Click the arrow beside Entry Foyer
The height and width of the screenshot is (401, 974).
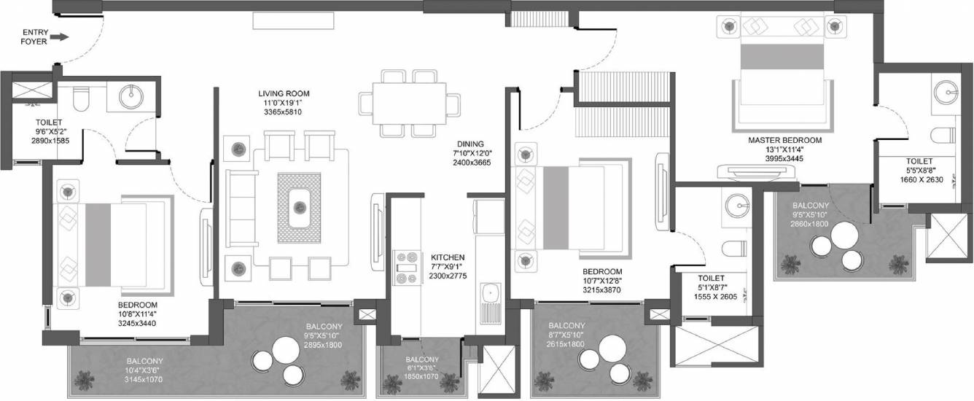(x=61, y=37)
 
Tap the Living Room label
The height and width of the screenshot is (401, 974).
(x=284, y=93)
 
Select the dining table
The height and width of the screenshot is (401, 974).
(x=409, y=104)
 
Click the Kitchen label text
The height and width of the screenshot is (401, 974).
(x=448, y=257)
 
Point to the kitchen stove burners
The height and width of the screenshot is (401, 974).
(x=408, y=268)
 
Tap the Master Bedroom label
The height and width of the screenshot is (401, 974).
(x=785, y=141)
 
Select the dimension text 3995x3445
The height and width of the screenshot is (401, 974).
(x=784, y=159)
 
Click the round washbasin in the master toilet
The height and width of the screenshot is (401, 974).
(x=946, y=93)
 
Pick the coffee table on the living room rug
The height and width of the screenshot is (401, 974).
(x=299, y=208)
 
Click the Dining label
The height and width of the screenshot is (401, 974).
(x=470, y=144)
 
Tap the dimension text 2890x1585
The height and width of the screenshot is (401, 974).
(x=50, y=141)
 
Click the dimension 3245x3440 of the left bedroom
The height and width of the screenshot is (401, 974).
(x=137, y=324)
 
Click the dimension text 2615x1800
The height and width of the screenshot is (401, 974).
(x=566, y=344)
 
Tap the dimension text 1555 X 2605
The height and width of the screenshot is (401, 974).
(x=715, y=297)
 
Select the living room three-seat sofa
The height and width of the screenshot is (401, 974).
(x=242, y=209)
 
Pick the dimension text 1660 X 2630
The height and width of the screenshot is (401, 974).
(x=922, y=179)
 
